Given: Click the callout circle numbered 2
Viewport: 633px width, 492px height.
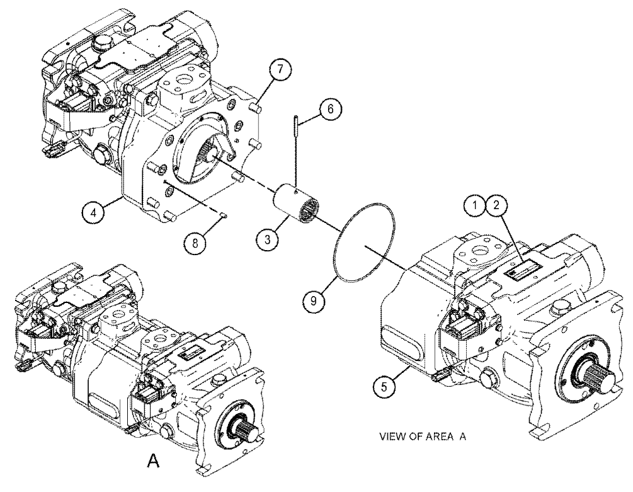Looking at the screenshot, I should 496,205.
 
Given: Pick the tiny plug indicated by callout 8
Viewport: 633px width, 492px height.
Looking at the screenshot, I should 224,218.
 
